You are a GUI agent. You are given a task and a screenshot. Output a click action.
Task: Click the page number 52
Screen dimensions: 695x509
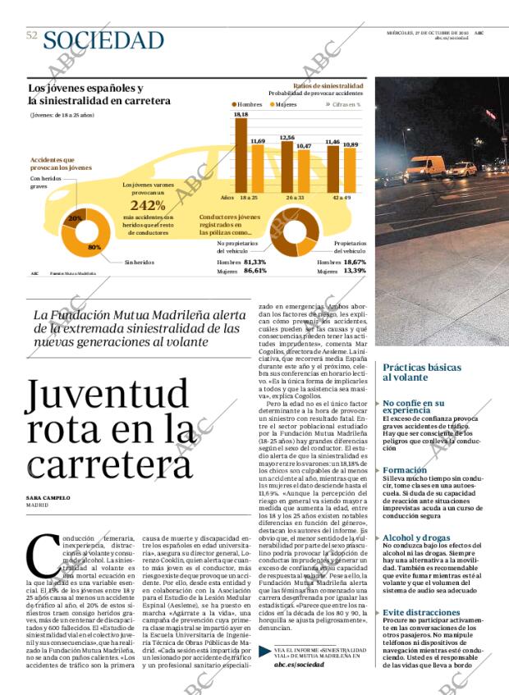pos(32,34)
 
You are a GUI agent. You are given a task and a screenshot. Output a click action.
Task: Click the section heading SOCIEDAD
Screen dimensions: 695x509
pos(103,39)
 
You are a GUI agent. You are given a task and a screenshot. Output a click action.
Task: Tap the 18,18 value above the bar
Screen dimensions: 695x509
pos(241,115)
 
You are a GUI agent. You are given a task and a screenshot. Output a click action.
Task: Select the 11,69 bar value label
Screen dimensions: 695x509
pos(257,141)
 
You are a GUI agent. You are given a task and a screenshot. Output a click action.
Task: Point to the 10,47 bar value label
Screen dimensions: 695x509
pos(304,145)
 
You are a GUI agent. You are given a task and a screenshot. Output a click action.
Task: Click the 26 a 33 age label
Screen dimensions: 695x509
pos(295,198)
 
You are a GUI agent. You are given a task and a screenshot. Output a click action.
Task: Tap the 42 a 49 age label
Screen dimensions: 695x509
pos(342,198)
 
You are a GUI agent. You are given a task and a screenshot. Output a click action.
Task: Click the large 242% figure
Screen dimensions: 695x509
pos(149,205)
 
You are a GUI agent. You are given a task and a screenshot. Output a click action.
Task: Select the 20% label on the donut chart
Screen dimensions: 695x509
pos(74,218)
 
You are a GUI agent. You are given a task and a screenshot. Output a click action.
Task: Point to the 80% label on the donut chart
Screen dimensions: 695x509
pos(94,246)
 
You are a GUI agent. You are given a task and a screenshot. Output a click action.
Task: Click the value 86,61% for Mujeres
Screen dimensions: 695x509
pos(254,270)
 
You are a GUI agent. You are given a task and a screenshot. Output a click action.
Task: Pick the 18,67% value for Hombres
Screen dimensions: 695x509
pos(355,262)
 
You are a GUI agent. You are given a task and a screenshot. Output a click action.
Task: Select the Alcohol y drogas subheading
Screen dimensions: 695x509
pos(416,538)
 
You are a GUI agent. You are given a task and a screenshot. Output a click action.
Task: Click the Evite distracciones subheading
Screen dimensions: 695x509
pos(421,612)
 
